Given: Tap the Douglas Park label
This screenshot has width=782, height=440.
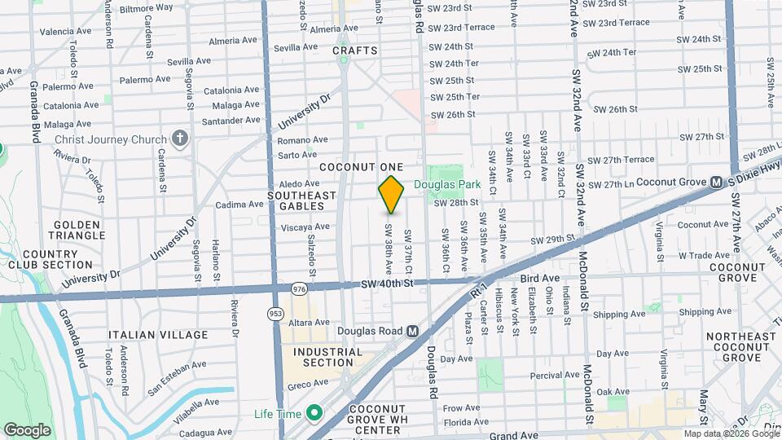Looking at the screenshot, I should (x=447, y=185).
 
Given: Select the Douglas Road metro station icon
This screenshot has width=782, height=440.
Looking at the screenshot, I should (x=413, y=331).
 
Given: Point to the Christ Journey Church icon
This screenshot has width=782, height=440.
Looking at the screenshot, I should (x=180, y=139).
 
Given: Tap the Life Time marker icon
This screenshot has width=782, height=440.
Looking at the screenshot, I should (x=310, y=413).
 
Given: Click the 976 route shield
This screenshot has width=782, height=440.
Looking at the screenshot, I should (x=299, y=288).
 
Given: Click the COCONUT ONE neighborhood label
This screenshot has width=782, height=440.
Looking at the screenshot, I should (x=362, y=166).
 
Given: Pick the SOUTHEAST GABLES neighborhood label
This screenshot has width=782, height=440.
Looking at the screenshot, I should (x=301, y=201).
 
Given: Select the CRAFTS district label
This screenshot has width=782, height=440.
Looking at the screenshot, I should (x=355, y=51).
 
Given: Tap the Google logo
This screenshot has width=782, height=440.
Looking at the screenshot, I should (x=27, y=429).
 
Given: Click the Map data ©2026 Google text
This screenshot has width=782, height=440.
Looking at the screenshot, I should (x=730, y=433).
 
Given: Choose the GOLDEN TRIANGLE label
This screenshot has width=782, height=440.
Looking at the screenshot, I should (x=78, y=230).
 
